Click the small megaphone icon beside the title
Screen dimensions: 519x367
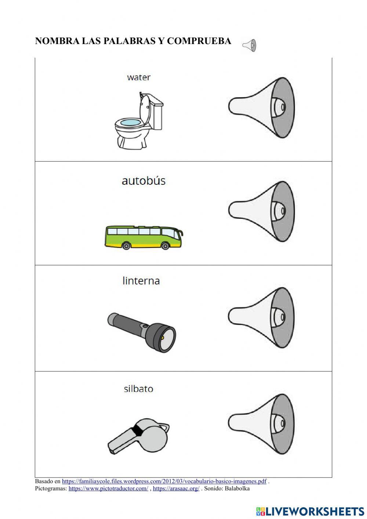249,46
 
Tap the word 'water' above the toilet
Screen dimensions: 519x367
139,78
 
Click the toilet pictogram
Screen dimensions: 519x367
138,121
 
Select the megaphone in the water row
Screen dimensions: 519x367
262,108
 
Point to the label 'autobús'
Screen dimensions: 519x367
143,181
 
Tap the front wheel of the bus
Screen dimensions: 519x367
165,245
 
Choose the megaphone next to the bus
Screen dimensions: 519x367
262,211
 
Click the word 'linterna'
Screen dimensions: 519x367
141,281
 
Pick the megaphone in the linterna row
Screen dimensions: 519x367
262,317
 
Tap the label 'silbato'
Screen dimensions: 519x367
138,389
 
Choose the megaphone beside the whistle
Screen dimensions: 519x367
262,424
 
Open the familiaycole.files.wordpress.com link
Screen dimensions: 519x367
164,481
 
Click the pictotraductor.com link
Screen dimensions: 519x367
108,489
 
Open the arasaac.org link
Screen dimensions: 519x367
176,489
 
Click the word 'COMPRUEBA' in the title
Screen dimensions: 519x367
199,41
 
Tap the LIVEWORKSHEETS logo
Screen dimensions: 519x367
310,511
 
